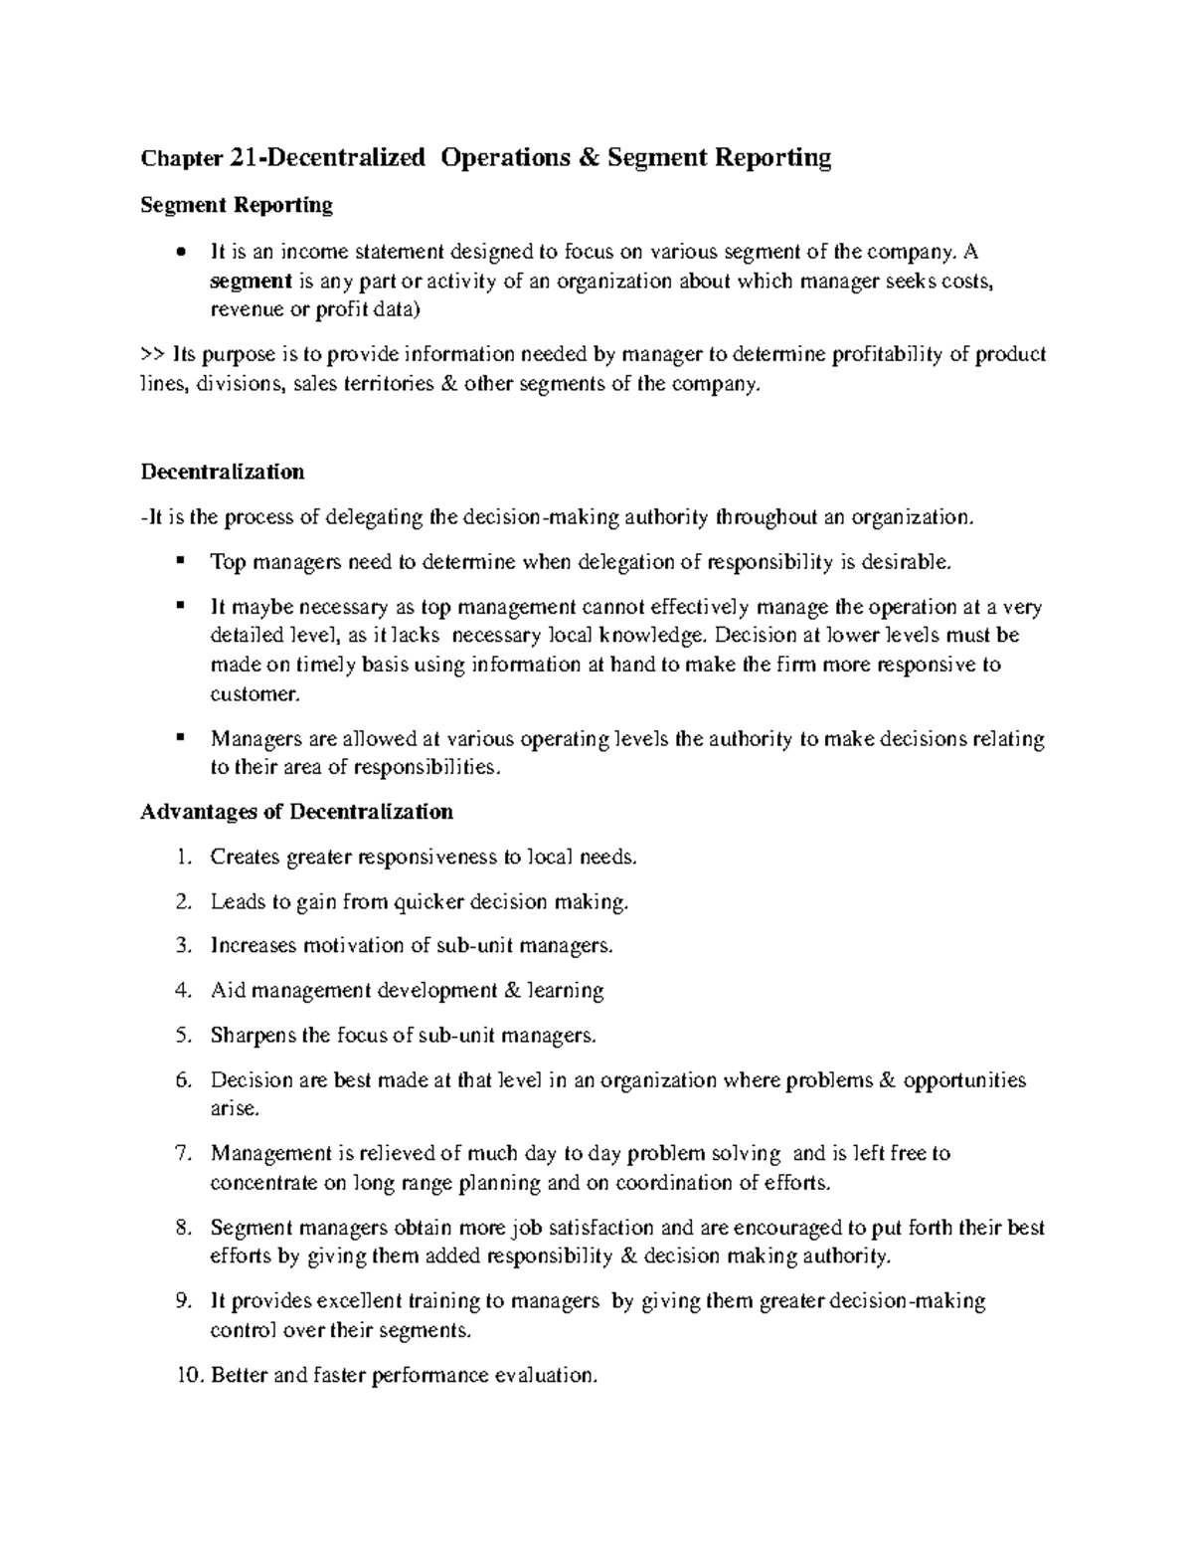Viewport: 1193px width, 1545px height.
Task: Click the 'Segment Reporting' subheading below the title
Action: coord(237,205)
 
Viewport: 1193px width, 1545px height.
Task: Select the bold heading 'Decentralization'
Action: coord(223,472)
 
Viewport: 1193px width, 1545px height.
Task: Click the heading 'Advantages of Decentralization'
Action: coord(296,812)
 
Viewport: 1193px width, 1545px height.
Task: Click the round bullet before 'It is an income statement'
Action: coord(179,253)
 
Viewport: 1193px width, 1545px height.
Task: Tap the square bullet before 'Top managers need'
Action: coord(180,561)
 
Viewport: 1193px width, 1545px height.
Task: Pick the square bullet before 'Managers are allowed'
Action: coord(180,738)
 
